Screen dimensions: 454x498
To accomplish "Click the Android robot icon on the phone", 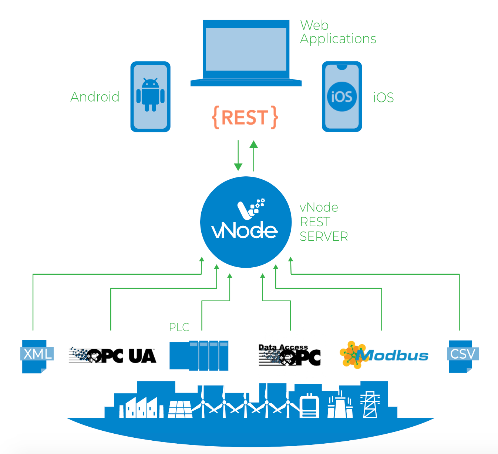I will tap(150, 95).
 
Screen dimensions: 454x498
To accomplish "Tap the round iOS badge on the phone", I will tap(342, 96).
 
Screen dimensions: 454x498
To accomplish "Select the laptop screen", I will tap(246, 49).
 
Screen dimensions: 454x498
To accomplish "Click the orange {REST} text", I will tap(245, 118).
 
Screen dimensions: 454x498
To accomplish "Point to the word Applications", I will tap(338, 39).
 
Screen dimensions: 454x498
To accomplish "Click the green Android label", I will tap(95, 97).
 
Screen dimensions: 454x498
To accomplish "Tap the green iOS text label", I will tap(384, 98).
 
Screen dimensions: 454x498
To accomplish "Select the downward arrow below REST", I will tap(238, 155).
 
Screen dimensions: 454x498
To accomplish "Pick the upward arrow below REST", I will tap(253, 155).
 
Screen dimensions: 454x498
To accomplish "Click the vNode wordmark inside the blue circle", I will tap(245, 230).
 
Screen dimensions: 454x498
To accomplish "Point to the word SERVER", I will tap(324, 237).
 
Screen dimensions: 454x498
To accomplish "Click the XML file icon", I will tap(37, 356).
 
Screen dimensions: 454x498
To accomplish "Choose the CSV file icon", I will tap(462, 356).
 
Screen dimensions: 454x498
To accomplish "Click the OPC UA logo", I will tap(112, 356).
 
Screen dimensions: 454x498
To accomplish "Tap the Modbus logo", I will tap(384, 355).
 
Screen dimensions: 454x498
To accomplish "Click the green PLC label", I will tap(179, 327).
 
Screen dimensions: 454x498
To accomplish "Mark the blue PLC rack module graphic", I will tap(199, 356).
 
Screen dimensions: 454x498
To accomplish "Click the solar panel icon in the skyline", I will tap(180, 409).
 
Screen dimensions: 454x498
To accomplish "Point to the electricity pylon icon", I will tap(370, 404).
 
